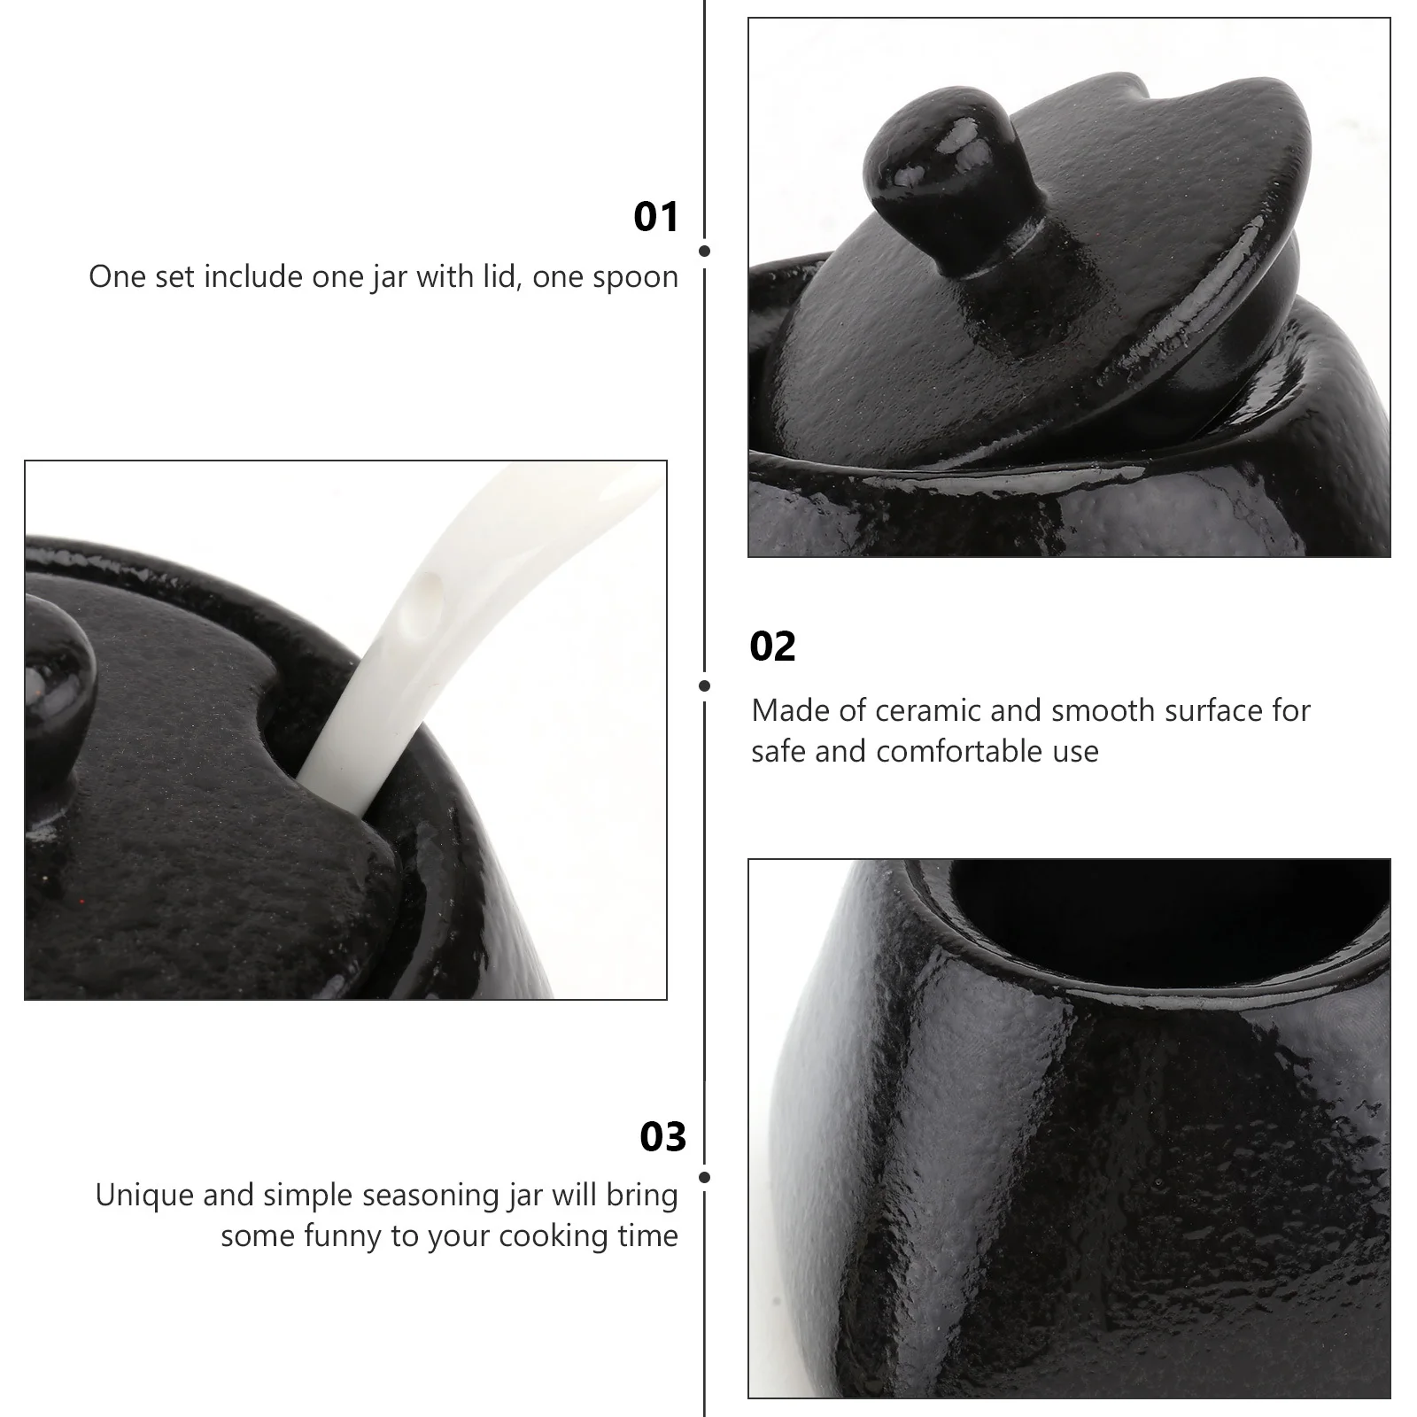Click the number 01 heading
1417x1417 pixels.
click(x=656, y=217)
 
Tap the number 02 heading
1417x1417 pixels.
click(x=772, y=647)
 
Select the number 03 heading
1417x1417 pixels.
click(x=662, y=1137)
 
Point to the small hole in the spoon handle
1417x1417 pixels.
click(x=431, y=587)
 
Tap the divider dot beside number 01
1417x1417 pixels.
click(x=705, y=252)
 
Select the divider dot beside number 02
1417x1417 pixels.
click(x=705, y=685)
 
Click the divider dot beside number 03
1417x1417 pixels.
click(x=705, y=1178)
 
